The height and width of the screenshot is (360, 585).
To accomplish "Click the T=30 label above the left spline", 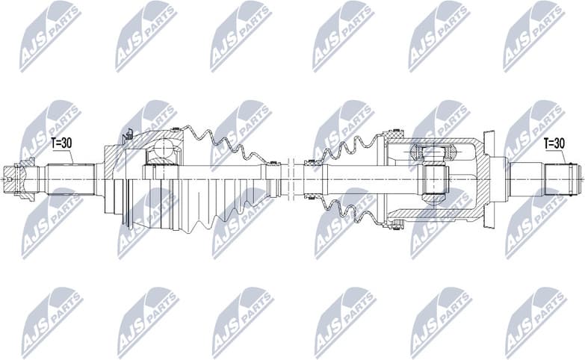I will pos(63,143).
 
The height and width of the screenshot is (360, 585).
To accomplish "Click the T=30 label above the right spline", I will pos(554,143).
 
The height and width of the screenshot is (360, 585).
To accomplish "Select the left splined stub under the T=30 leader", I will pos(71,179).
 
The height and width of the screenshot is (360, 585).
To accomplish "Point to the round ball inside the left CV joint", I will pos(161,152).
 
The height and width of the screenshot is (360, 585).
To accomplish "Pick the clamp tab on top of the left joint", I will pos(128,134).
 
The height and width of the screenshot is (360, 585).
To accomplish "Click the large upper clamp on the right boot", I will pos(394,135).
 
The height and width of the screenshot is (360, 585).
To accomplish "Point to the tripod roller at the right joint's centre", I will pos(434,179).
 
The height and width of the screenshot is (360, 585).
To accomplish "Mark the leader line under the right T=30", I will pos(561,155).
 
